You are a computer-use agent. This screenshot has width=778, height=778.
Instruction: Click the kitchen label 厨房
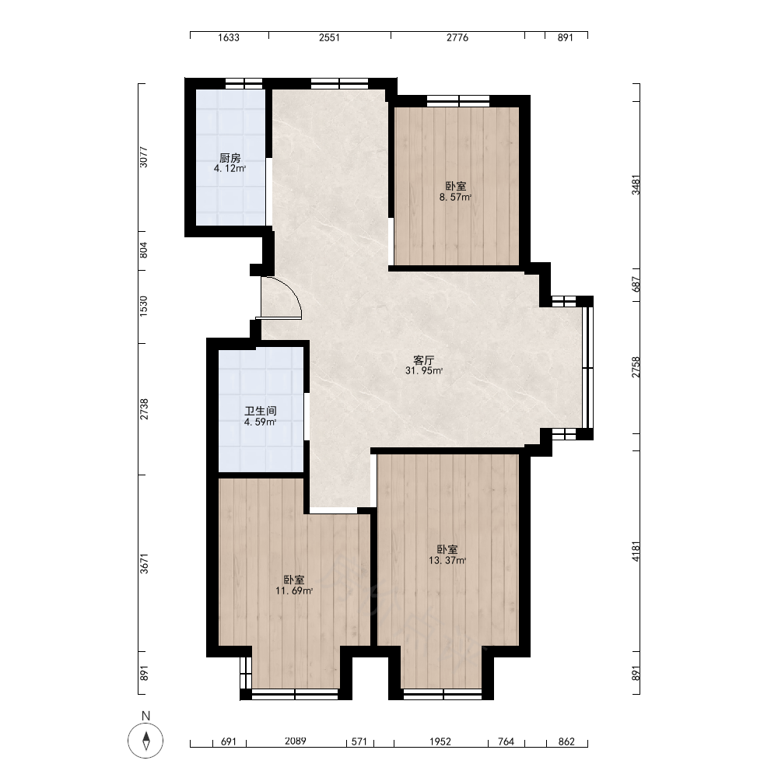pos(230,158)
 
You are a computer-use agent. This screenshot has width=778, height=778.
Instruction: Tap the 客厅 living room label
pos(424,360)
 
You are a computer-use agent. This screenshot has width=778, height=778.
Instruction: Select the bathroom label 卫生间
pos(261,412)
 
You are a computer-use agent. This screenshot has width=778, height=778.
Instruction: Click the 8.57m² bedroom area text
pos(455,198)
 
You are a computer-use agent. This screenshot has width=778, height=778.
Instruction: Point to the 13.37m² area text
pos(447,561)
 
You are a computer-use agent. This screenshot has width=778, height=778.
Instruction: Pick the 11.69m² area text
pos(294,591)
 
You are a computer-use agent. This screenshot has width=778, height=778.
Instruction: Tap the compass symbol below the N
pos(145,741)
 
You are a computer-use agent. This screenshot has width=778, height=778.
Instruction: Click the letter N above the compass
pos(145,716)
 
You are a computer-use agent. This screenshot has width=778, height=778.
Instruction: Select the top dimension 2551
pos(329,37)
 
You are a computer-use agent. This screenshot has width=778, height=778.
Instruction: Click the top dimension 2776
pos(457,37)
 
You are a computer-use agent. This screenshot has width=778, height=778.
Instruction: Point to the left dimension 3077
pos(143,157)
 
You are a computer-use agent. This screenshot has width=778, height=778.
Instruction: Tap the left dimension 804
pos(143,250)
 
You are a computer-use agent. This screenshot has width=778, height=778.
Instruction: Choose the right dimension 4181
pos(636,552)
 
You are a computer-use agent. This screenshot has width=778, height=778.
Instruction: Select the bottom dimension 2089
pos(295,741)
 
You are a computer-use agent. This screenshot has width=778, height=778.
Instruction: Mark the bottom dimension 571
pos(359,741)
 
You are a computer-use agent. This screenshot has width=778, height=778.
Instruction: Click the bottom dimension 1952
pos(440,741)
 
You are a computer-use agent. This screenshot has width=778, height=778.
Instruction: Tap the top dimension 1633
pos(228,37)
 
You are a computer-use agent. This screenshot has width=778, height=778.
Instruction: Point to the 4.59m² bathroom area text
pos(260,422)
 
